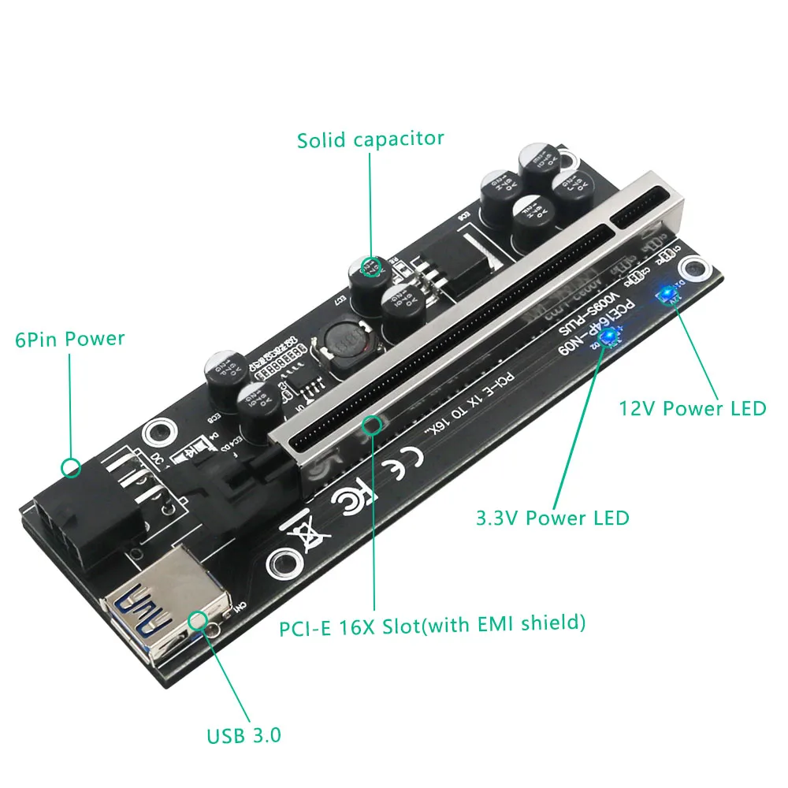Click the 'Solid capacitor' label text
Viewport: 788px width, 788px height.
[x=370, y=139]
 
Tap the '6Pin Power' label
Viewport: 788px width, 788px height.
[x=70, y=339]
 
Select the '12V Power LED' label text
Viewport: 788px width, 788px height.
[x=692, y=408]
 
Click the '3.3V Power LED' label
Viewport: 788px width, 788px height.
[x=552, y=518]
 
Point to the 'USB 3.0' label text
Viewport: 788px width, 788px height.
[x=243, y=737]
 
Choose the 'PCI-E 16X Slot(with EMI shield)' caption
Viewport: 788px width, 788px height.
[x=433, y=625]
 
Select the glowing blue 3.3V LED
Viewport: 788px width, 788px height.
[x=608, y=337]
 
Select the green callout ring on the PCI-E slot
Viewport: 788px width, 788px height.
[x=372, y=426]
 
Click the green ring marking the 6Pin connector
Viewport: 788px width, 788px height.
[x=71, y=467]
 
